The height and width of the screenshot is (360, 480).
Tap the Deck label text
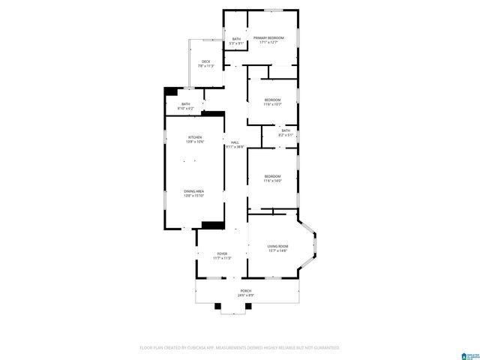[x=205, y=61]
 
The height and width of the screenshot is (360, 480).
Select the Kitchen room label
[x=195, y=137]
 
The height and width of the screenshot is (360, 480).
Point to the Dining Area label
[x=194, y=191]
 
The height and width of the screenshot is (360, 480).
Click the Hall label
[x=235, y=142]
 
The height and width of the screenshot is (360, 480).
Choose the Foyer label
[x=222, y=253]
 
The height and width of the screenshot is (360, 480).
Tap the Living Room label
[x=277, y=246]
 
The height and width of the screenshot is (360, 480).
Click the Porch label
[x=246, y=290]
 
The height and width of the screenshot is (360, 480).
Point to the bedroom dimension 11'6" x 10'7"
[x=271, y=104]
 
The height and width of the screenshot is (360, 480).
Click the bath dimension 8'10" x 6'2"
[x=185, y=109]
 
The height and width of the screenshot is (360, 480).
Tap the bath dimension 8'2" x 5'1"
[x=285, y=135]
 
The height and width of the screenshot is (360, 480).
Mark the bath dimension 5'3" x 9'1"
[x=236, y=43]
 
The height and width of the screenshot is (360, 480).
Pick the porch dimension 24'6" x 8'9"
[x=246, y=295]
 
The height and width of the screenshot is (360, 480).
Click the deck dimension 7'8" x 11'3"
[x=205, y=66]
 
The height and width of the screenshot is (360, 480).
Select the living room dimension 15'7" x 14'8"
[x=277, y=250]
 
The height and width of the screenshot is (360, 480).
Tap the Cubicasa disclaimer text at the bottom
[x=240, y=348]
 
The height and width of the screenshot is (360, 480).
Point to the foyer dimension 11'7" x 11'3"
[x=222, y=258]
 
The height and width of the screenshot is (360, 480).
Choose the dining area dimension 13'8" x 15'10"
[x=194, y=196]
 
